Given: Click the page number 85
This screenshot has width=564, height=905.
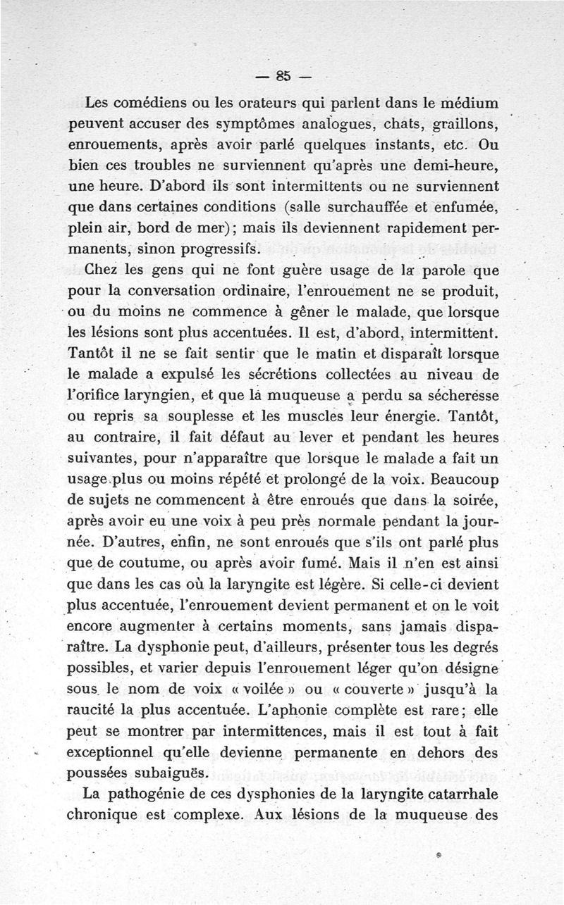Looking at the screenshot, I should (284, 75).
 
